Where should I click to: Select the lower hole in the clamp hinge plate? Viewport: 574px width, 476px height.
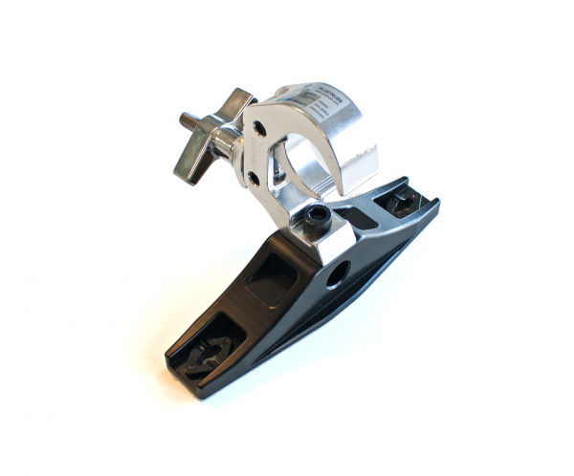[x=252, y=177]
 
